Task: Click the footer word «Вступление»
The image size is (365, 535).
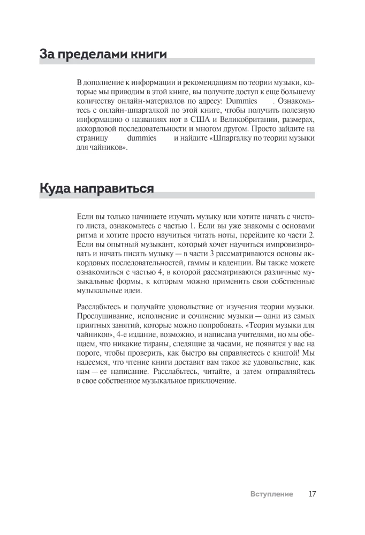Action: (x=271, y=494)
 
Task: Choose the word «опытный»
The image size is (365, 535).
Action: (x=114, y=245)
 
